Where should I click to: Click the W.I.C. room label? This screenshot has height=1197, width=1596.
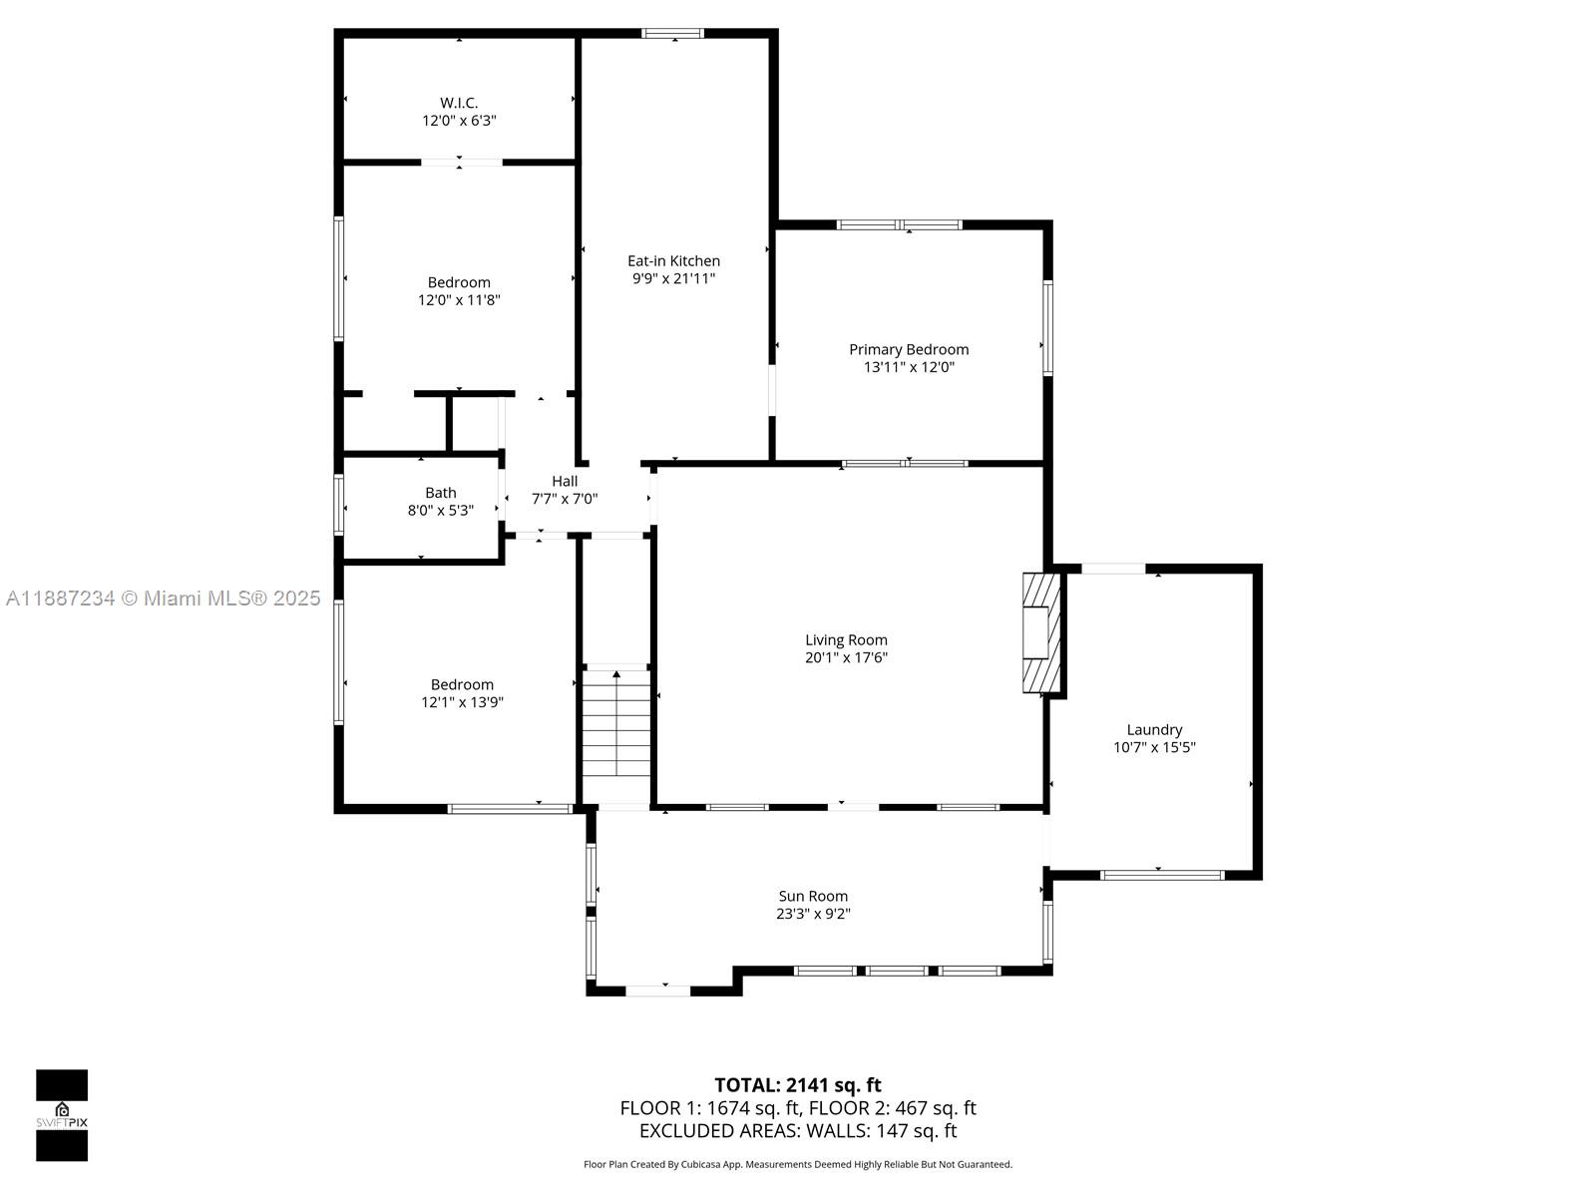pyautogui.click(x=459, y=103)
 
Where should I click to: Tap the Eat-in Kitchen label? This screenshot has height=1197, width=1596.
pyautogui.click(x=673, y=261)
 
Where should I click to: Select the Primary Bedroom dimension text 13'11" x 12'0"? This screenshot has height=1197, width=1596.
pyautogui.click(x=909, y=367)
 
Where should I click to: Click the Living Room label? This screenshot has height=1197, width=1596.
pyautogui.click(x=846, y=640)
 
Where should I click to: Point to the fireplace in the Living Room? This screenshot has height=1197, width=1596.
pyautogui.click(x=1041, y=632)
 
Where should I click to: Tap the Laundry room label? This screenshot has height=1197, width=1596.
pyautogui.click(x=1154, y=730)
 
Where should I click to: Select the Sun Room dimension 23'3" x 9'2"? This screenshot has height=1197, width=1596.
pyautogui.click(x=813, y=914)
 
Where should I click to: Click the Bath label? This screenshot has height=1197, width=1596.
pyautogui.click(x=440, y=493)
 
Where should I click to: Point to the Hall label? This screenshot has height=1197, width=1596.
pyautogui.click(x=565, y=481)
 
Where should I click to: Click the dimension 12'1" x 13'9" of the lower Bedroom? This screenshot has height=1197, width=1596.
pyautogui.click(x=462, y=702)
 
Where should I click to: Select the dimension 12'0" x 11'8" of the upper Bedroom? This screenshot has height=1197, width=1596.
pyautogui.click(x=459, y=300)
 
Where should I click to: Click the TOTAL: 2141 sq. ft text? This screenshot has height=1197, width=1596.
pyautogui.click(x=797, y=1085)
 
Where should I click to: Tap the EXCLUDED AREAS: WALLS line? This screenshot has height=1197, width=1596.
pyautogui.click(x=797, y=1131)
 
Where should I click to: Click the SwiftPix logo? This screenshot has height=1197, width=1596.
pyautogui.click(x=62, y=1115)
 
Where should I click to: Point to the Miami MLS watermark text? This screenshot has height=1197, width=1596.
pyautogui.click(x=163, y=598)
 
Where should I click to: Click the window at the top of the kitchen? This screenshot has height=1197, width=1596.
pyautogui.click(x=672, y=34)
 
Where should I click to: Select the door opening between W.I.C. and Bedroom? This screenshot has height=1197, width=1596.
pyautogui.click(x=460, y=162)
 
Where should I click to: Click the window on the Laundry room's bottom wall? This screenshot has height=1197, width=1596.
pyautogui.click(x=1161, y=876)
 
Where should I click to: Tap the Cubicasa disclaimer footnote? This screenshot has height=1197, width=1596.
pyautogui.click(x=797, y=1164)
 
